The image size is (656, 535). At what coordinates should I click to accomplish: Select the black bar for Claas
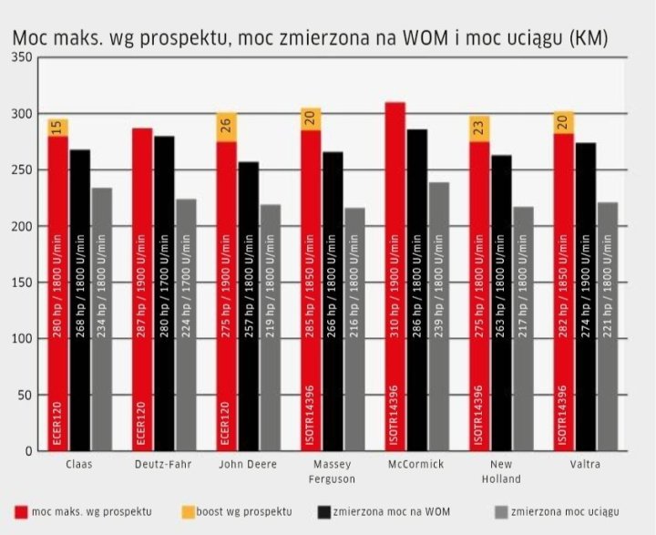click(x=80, y=300)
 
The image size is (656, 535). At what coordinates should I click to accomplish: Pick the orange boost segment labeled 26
click(x=227, y=127)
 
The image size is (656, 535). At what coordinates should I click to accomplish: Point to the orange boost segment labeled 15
click(x=58, y=128)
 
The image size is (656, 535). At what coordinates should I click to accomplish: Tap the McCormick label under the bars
click(x=415, y=465)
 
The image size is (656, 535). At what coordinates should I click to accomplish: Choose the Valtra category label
click(x=583, y=465)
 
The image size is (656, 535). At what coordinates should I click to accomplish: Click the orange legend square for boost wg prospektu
click(x=189, y=511)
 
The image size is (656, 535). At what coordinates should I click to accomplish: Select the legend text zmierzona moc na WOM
click(x=393, y=511)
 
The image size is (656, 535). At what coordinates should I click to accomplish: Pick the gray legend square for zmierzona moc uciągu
click(x=500, y=511)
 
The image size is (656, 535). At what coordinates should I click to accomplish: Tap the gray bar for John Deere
click(x=270, y=327)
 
